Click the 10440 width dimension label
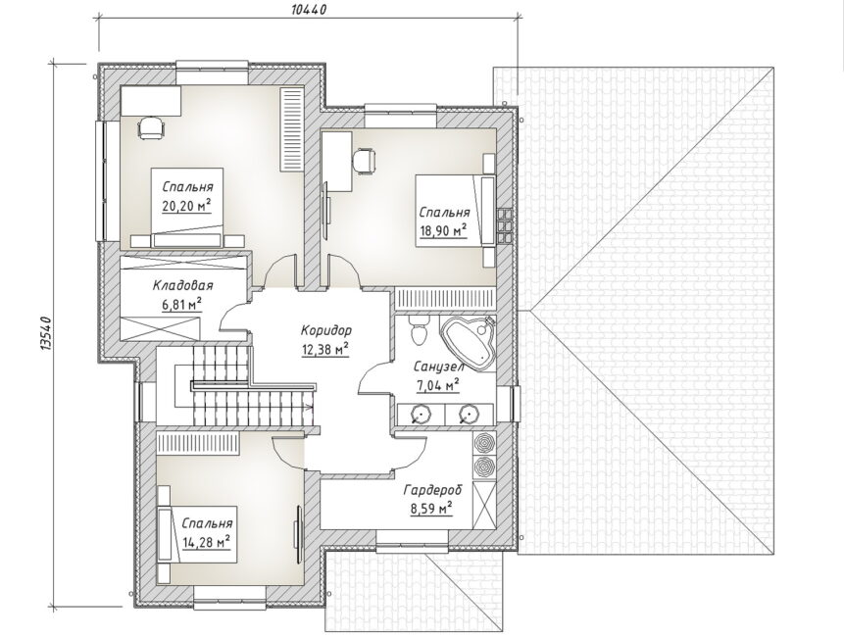coord(309,10)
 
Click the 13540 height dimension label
coord(45,334)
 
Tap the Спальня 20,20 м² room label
coord(187,196)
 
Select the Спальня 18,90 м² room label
coord(444,221)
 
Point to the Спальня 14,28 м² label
coord(207,532)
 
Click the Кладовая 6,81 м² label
coord(182,294)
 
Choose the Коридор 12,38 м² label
coord(325,339)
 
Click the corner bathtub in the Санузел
coord(470,342)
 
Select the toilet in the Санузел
coord(419,329)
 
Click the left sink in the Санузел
coord(421,414)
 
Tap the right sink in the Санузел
coord(469,414)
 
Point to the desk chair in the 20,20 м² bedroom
coord(151,128)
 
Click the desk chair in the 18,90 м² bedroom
coord(365,161)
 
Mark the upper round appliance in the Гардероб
coord(483,442)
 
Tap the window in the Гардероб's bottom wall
coord(413,540)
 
